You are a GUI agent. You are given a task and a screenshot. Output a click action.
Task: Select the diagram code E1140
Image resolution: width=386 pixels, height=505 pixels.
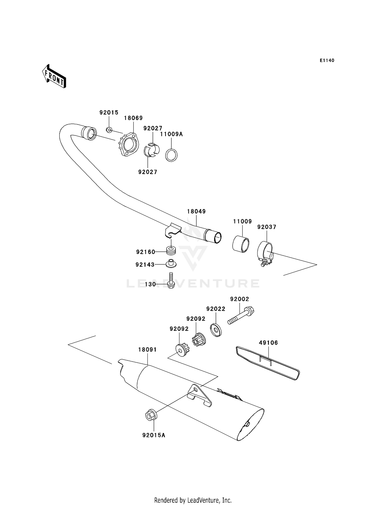click(327, 60)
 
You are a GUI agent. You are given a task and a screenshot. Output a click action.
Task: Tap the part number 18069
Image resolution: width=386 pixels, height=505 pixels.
click(133, 118)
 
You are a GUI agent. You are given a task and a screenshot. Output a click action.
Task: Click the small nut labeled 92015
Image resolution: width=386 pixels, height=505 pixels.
click(109, 130)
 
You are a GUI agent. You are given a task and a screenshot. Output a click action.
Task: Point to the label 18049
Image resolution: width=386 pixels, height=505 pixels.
click(196, 212)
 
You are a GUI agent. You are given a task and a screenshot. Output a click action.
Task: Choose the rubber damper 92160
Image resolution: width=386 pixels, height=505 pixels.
click(171, 250)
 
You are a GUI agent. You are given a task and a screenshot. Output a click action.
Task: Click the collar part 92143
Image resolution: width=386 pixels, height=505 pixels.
click(171, 264)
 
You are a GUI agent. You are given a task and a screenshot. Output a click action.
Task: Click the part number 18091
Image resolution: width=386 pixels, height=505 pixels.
click(147, 350)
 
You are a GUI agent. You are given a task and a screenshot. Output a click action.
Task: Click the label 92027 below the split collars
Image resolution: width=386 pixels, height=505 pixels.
click(147, 172)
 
